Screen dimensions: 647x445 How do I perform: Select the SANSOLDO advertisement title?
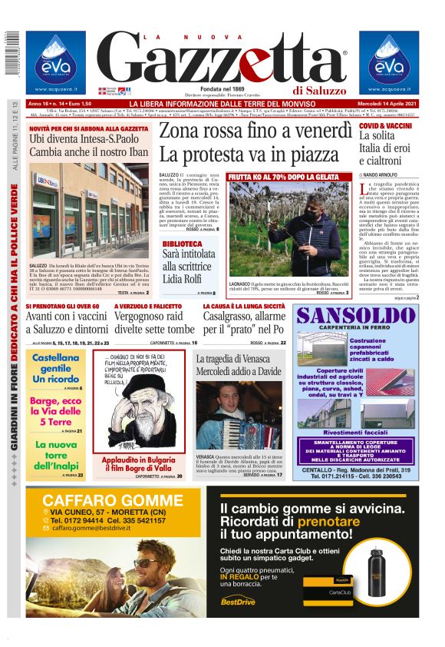pos(357,316)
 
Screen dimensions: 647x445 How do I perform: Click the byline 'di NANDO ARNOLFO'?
pos(382,176)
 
